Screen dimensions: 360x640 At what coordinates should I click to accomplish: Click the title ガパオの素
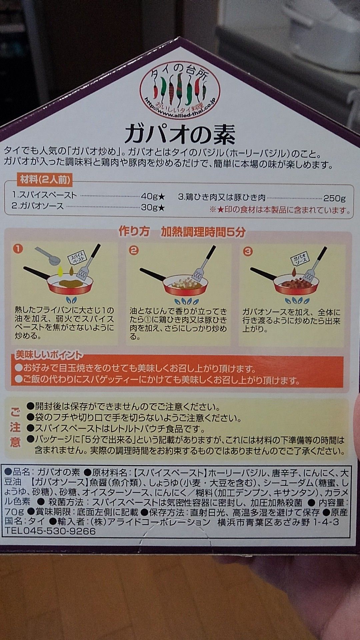[x=180, y=134]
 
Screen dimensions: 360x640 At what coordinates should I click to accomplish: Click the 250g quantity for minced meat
[x=334, y=198]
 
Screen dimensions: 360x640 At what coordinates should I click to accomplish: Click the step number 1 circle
[x=18, y=249]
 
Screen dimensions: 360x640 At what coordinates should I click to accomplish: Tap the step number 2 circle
[x=134, y=250]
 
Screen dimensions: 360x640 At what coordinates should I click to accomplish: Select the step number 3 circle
[x=248, y=251]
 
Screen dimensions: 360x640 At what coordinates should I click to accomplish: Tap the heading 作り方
[x=134, y=232]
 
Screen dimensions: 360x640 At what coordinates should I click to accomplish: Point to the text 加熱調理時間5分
[x=203, y=232]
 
